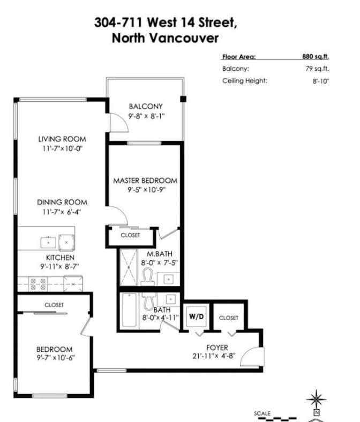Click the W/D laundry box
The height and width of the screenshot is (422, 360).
tap(195, 316)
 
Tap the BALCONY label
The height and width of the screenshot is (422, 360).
tap(145, 106)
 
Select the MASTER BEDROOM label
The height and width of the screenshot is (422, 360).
tap(145, 181)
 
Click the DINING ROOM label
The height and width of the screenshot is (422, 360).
tap(62, 202)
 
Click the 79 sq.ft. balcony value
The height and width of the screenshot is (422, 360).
tap(319, 69)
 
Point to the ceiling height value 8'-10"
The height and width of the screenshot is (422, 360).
tap(320, 81)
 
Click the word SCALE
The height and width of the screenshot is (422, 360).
tap(262, 413)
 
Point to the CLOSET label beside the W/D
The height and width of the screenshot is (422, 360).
tap(228, 318)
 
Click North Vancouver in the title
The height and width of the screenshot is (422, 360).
tap(165, 39)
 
